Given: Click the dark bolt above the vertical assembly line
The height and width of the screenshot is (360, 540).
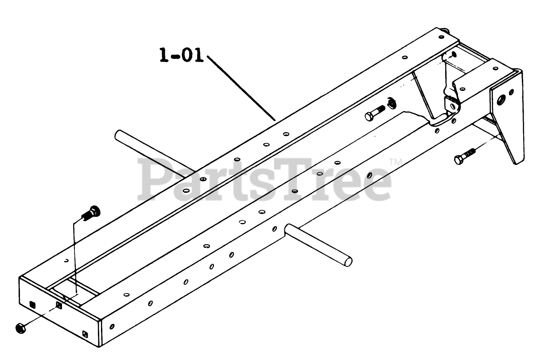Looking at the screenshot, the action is tap(91, 212).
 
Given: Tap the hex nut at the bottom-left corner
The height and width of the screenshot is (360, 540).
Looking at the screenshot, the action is tap(19, 328).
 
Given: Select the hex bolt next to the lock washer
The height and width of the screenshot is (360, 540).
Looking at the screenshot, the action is tap(375, 114).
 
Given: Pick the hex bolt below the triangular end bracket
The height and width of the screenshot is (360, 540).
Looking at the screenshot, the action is tap(463, 157).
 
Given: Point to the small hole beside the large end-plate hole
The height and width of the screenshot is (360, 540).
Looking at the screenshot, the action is tap(512, 92).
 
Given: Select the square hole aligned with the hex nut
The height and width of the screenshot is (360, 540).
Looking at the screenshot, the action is tap(59, 305).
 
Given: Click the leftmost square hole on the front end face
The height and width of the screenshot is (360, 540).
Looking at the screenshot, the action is tap(31, 304).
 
